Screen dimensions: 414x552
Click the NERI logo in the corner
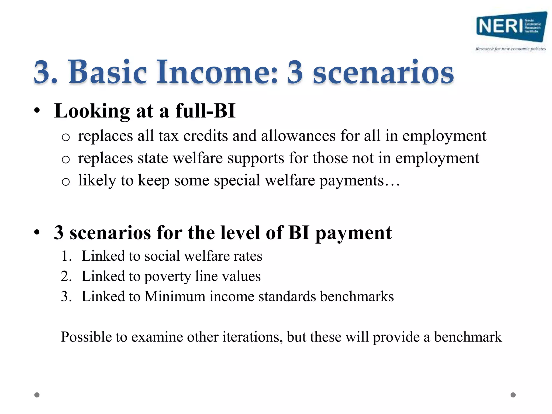511,26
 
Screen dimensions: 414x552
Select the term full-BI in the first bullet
205,111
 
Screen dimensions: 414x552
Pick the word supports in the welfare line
256,158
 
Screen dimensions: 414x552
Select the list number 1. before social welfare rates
66,256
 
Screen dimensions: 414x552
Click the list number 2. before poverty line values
66,276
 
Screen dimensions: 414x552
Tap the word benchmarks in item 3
357,296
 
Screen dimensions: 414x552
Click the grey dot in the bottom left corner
37,395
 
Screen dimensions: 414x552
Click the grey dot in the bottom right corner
513,395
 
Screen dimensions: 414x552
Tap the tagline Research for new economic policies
510,49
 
